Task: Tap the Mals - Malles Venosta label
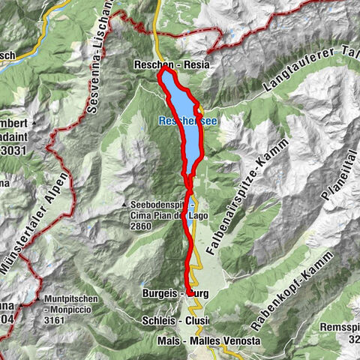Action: (210, 340)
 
